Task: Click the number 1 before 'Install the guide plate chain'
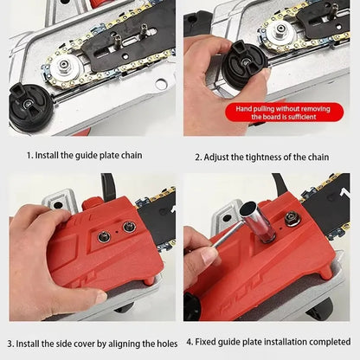[29, 155]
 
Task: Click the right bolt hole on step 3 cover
[130, 227]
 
